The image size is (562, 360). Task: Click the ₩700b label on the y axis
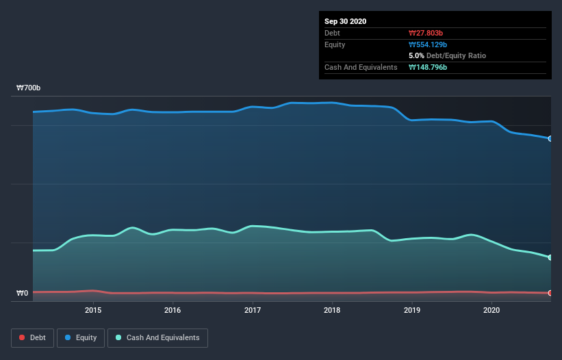click(29, 88)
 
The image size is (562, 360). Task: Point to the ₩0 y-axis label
click(23, 293)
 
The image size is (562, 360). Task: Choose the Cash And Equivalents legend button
click(157, 337)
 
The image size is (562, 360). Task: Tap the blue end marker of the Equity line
click(550, 138)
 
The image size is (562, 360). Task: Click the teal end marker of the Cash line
click(550, 257)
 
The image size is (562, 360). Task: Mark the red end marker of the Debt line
click(550, 293)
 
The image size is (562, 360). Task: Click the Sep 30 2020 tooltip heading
click(345, 21)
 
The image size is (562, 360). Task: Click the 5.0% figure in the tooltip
click(416, 55)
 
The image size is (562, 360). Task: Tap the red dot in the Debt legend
click(23, 337)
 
